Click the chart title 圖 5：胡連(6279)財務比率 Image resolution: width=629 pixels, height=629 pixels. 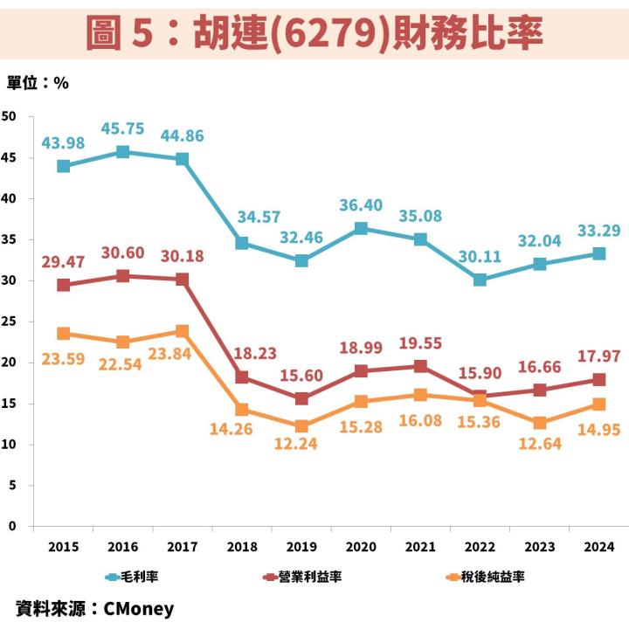click(314, 33)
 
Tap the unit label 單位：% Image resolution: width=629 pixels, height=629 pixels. click(38, 83)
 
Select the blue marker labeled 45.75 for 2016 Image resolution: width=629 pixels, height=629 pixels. click(122, 152)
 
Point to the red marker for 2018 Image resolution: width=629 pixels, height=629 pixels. click(242, 377)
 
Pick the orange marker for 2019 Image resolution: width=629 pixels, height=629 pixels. click(301, 426)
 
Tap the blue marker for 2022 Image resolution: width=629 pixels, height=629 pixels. click(480, 280)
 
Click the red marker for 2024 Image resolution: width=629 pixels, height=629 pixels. click(599, 379)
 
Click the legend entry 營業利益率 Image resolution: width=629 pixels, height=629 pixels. click(302, 577)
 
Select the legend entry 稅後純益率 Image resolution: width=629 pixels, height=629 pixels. click(485, 577)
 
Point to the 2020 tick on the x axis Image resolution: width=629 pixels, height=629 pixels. click(361, 548)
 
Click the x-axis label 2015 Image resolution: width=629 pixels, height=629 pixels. click(63, 548)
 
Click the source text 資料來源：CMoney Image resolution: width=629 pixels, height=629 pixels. click(94, 609)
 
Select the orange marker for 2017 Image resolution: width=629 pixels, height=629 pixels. click(182, 331)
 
